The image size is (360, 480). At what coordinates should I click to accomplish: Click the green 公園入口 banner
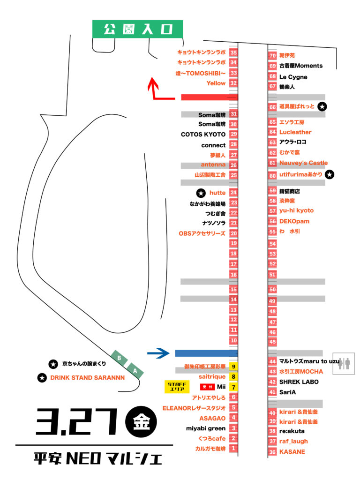137,30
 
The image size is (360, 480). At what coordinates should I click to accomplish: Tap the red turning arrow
157,91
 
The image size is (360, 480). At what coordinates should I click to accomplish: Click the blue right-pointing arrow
158,353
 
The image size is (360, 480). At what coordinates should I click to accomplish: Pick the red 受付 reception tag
207,387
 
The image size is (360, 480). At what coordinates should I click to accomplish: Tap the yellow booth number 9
233,366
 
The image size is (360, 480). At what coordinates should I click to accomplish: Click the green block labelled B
119,359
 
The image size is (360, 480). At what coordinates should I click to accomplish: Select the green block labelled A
135,370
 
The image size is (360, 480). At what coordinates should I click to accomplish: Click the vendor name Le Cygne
293,77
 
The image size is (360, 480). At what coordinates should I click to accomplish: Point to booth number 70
272,55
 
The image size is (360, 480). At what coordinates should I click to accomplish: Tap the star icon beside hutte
201,193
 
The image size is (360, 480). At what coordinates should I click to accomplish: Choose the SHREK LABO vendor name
299,382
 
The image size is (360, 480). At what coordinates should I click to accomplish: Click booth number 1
233,449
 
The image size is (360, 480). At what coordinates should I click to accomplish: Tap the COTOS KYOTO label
203,135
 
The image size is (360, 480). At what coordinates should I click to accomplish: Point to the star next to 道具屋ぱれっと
322,107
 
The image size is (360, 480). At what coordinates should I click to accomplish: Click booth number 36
272,452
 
